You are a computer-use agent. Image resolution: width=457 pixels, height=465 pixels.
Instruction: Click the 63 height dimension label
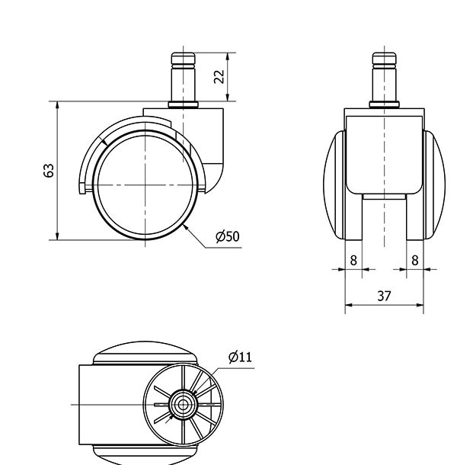49,171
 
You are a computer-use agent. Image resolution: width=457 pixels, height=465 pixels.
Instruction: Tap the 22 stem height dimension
219,77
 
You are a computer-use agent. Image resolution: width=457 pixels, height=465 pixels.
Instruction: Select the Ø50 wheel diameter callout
228,236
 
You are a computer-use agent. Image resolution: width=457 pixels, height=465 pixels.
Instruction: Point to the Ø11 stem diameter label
240,357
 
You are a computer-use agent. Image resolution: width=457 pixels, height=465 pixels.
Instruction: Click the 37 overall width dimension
384,296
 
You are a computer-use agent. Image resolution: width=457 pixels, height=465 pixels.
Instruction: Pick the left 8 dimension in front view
353,261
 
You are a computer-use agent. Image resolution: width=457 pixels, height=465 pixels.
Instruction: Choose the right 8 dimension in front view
415,261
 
